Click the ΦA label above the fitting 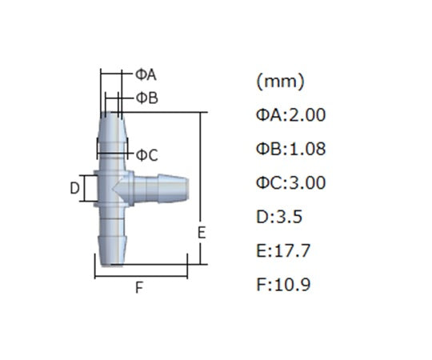146,74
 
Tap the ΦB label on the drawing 147,98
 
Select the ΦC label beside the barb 147,154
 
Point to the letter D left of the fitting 74,189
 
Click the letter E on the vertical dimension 202,233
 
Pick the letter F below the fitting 139,288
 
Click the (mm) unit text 281,82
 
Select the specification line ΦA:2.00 291,115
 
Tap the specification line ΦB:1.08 291,149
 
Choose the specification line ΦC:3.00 291,182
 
